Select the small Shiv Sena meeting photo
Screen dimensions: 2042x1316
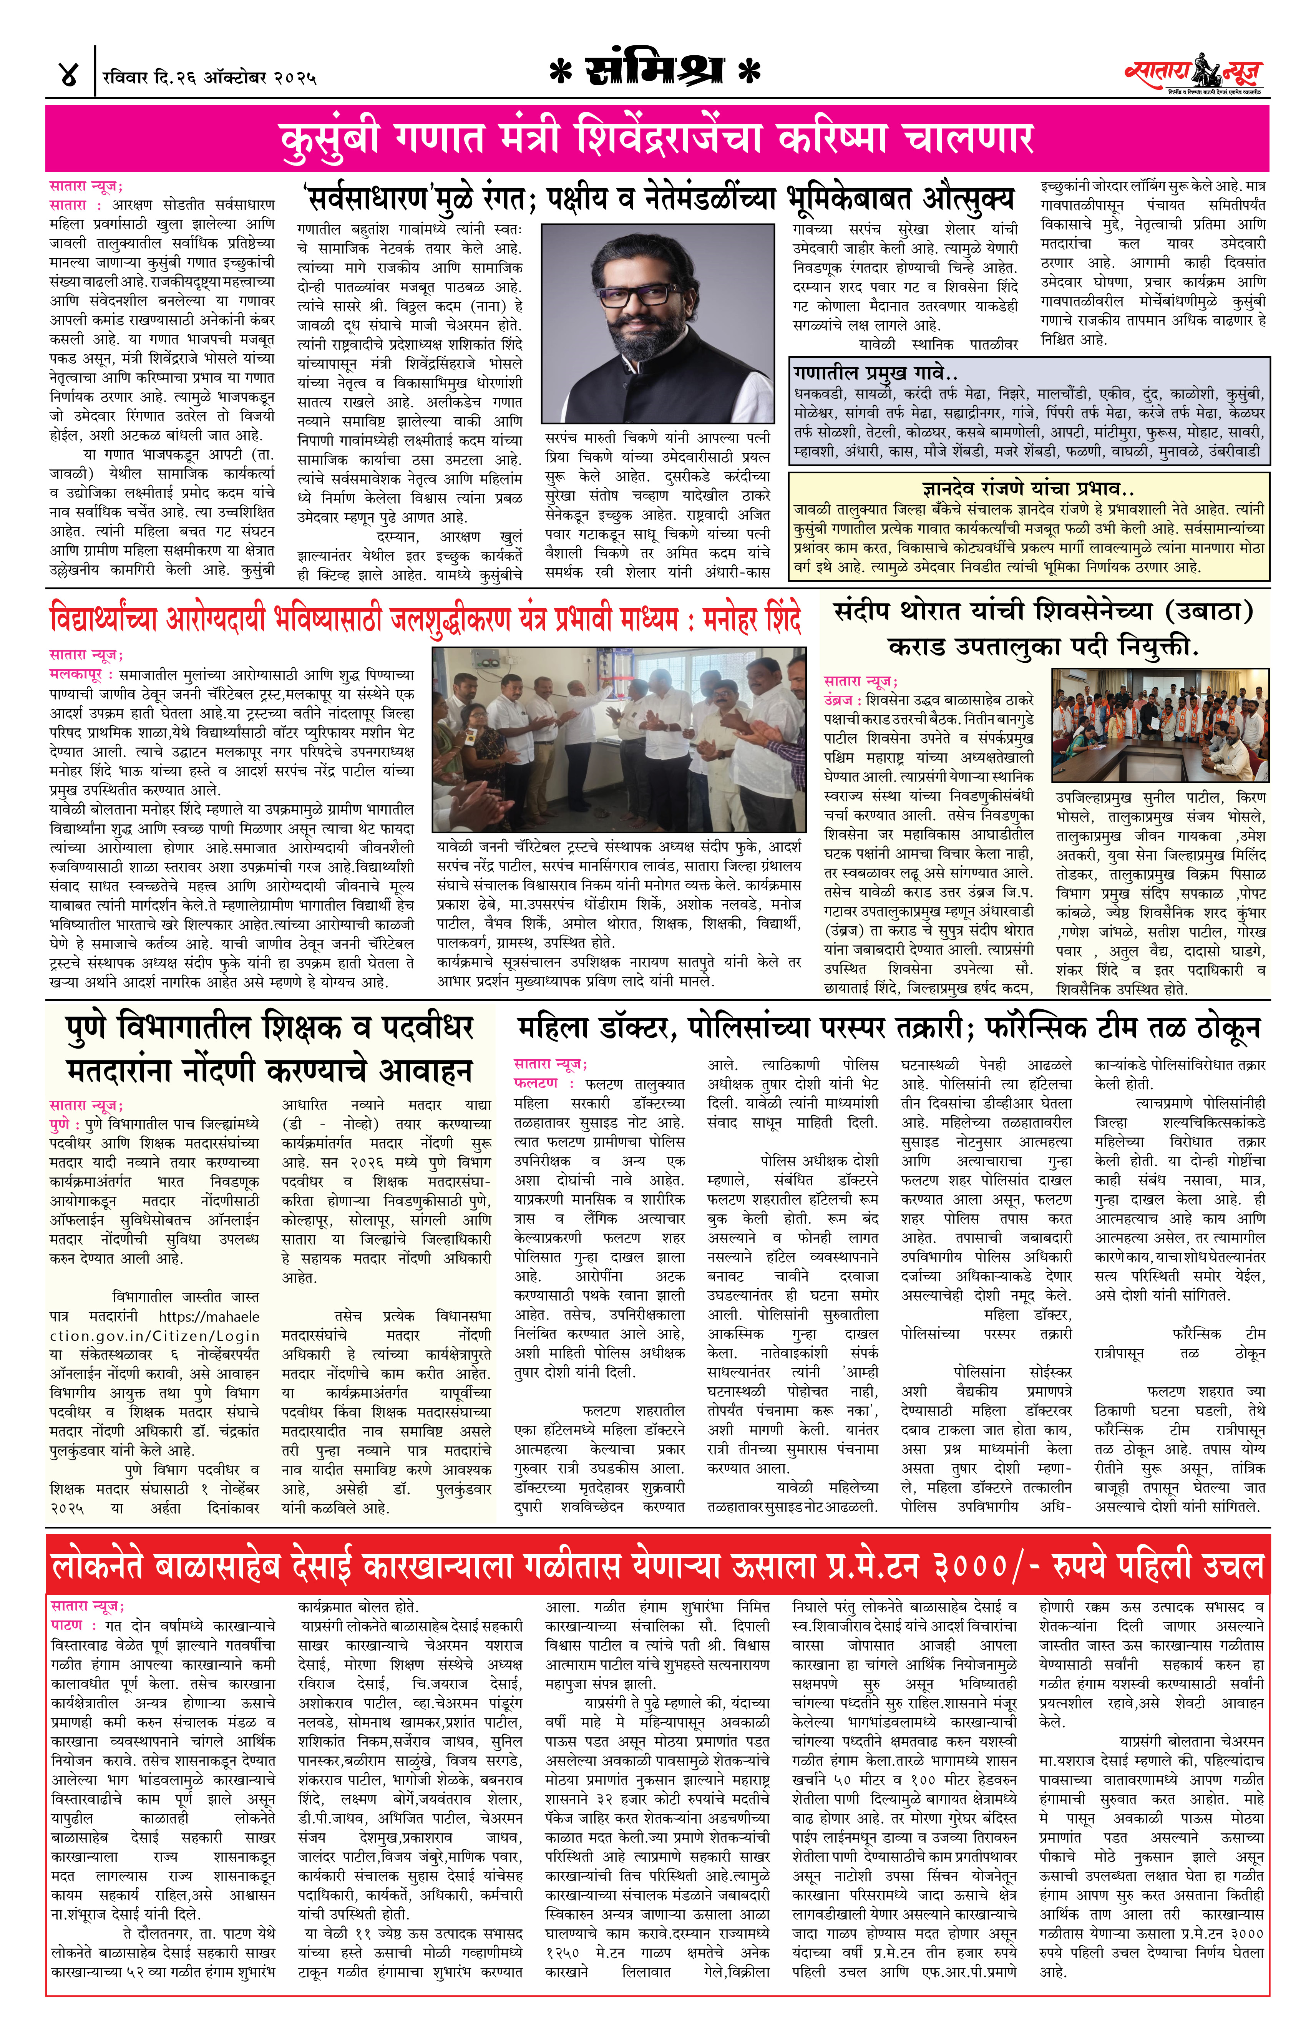(1160, 725)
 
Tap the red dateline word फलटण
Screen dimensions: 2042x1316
(536, 1083)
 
